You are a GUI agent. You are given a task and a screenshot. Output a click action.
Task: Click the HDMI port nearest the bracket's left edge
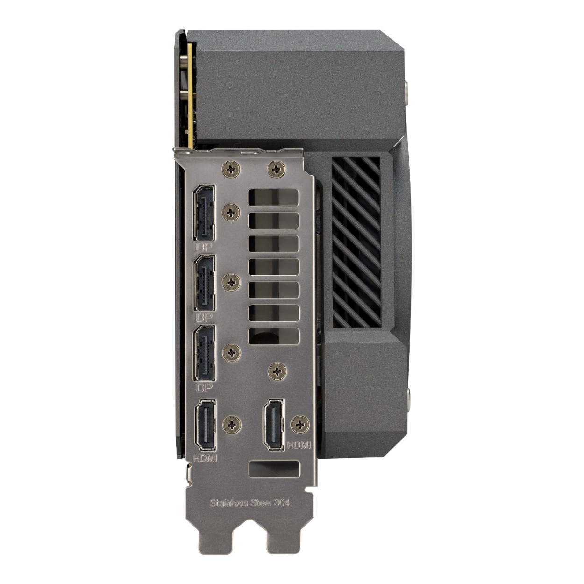pos(206,425)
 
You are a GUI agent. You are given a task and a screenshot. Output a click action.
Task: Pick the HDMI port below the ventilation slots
pos(274,425)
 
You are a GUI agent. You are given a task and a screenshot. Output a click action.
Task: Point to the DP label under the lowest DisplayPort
pos(204,388)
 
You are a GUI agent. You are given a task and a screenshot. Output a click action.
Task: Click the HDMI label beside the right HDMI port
pos(299,445)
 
